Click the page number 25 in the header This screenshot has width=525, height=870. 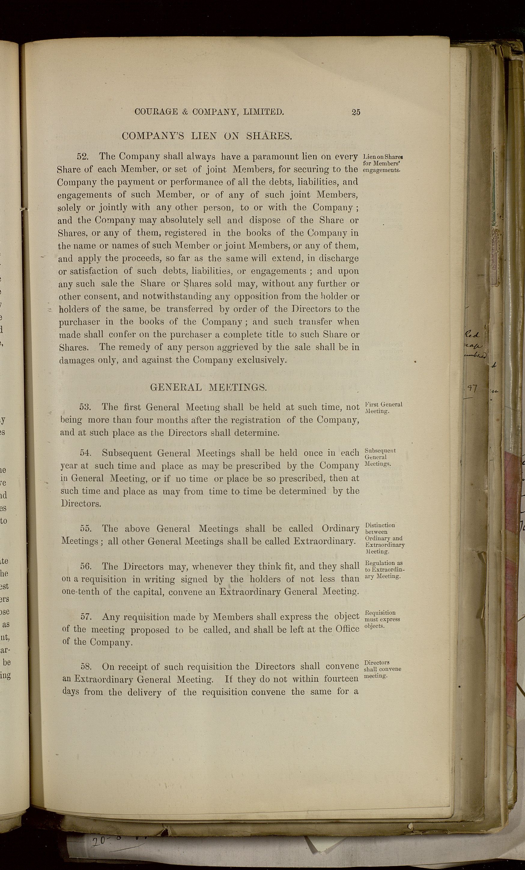click(356, 112)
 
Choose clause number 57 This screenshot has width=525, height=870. click(86, 617)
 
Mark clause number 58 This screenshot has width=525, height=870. click(86, 666)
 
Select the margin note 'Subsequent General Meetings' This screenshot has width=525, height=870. click(380, 457)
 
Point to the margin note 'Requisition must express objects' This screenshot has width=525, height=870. click(382, 619)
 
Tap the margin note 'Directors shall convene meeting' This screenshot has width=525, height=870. click(382, 669)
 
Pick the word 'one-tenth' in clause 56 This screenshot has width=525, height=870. click(80, 592)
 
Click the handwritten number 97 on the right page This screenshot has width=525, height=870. click(472, 389)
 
